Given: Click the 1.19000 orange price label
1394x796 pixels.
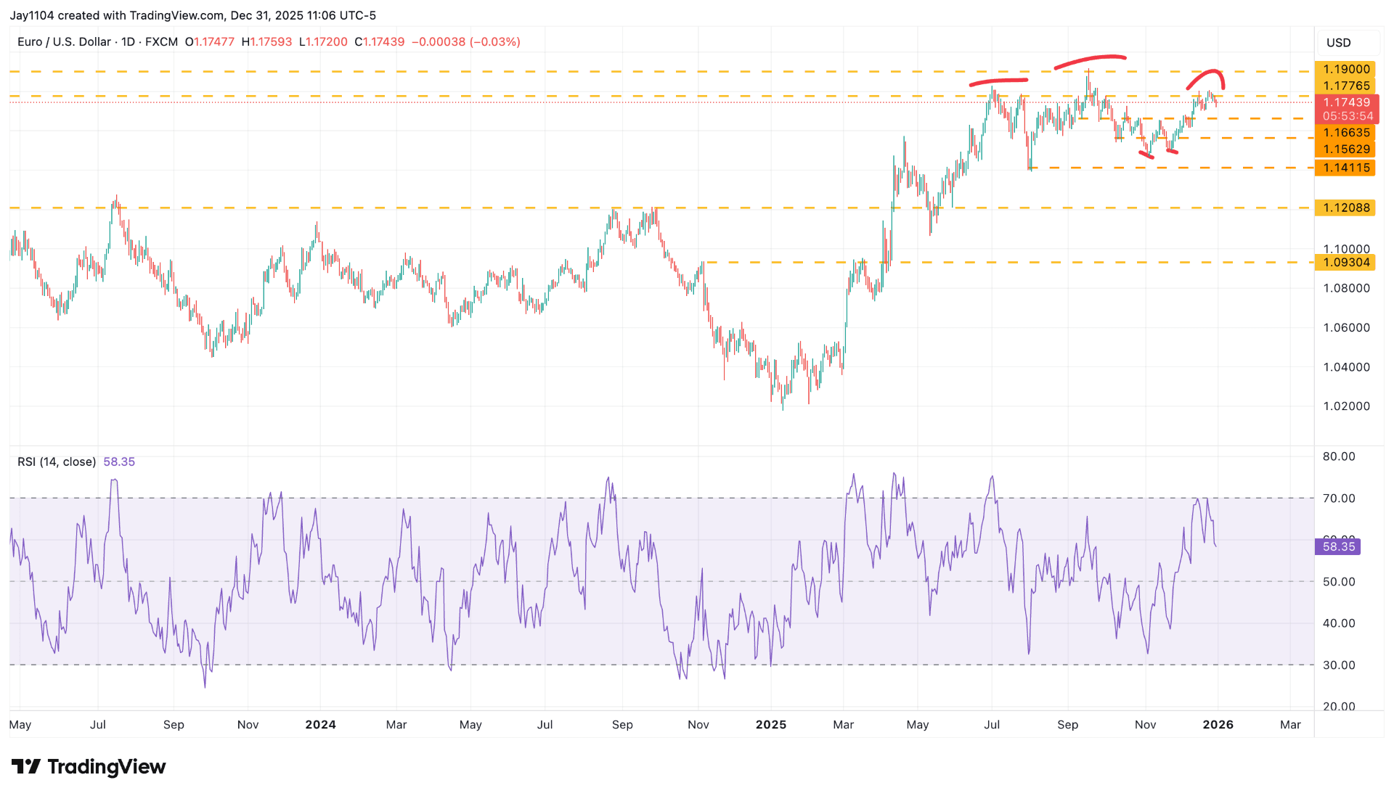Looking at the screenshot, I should [1345, 69].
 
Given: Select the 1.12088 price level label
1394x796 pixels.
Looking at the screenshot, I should [1345, 208].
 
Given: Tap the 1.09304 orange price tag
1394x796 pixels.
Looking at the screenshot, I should [1345, 263].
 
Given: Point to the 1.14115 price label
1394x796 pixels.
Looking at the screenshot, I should [1345, 168].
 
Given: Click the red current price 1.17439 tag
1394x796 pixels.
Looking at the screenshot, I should [1347, 102].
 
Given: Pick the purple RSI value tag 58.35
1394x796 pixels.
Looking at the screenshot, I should [1338, 546].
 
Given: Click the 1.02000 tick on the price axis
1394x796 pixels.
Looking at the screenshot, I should [1346, 406].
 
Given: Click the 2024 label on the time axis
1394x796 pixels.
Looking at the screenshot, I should [320, 725].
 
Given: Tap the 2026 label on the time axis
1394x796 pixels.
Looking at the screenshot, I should [1218, 725].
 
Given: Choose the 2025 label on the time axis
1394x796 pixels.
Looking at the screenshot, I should [770, 725].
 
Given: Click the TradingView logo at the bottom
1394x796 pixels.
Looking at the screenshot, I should [89, 767].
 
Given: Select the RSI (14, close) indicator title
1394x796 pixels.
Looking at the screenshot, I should [57, 462].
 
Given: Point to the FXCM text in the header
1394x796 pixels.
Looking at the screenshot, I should [161, 42].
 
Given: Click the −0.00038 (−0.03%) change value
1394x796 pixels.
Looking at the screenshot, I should [465, 42].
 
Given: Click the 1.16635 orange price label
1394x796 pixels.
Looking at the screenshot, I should [1345, 133].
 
